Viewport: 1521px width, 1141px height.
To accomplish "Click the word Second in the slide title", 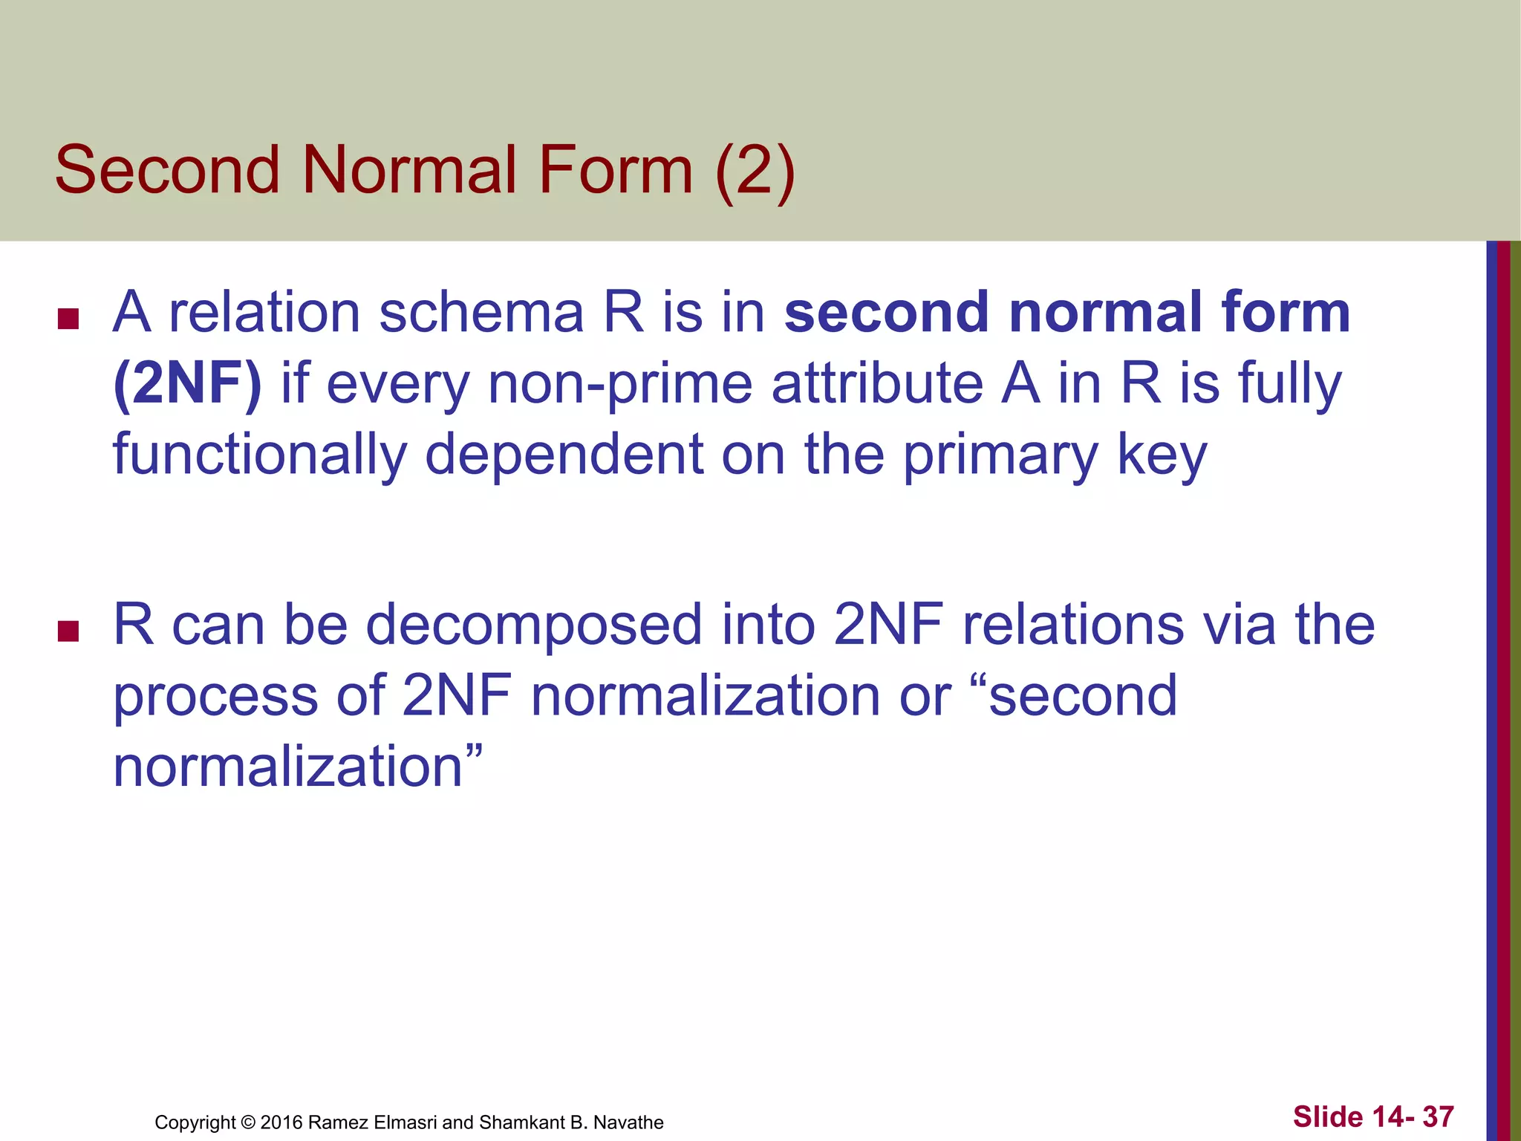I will click(167, 170).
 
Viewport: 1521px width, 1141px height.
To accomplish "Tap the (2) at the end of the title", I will click(755, 172).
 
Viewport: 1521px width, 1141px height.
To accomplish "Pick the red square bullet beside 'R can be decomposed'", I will click(68, 631).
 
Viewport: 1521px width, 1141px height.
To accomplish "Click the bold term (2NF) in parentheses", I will click(187, 384).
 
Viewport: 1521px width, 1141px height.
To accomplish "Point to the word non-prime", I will click(620, 386).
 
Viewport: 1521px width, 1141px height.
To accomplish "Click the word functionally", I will click(260, 455).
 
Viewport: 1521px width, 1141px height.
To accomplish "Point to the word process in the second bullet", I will click(215, 698).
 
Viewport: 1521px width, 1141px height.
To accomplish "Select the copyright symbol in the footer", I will click(248, 1122).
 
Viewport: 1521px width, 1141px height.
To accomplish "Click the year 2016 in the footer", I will click(281, 1122).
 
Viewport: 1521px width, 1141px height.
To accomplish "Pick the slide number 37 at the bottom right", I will click(1438, 1116).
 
